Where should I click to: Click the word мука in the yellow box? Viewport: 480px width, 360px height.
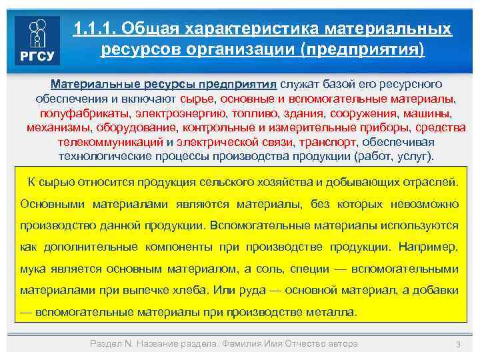33,268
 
